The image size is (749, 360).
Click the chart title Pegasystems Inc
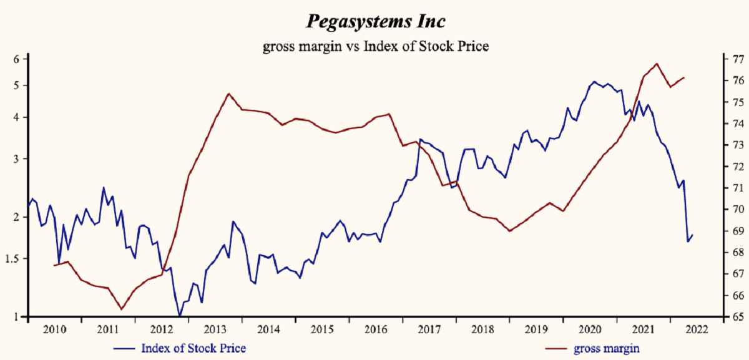pos(375,21)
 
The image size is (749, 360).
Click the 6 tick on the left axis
pos(17,59)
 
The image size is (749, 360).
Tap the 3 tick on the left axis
pos(17,158)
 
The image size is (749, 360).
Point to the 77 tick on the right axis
pos(737,59)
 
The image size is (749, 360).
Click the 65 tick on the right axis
pos(737,317)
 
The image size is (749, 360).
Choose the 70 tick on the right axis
pos(737,210)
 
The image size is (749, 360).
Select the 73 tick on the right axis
pos(737,145)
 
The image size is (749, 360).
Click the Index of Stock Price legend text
pos(193,348)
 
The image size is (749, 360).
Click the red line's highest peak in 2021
pos(657,64)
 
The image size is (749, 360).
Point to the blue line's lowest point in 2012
pos(180,316)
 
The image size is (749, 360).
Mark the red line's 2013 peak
pos(228,94)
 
